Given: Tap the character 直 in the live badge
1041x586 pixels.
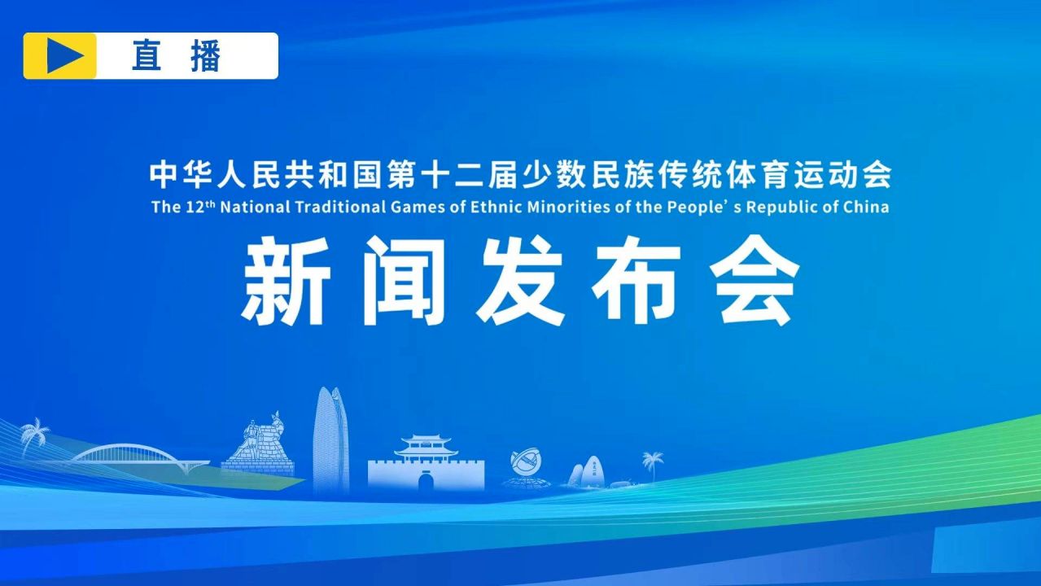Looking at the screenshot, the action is click(x=147, y=56).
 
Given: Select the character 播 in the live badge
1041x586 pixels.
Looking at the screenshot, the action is click(x=205, y=56).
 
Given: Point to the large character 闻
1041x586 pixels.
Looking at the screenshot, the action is click(x=404, y=280).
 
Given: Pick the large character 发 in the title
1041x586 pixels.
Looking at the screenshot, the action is click(x=520, y=280).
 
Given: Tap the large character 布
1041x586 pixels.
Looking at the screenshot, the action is click(x=637, y=280).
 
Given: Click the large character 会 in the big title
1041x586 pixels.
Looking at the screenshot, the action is click(x=755, y=280).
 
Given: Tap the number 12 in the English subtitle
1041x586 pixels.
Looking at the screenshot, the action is click(x=195, y=208).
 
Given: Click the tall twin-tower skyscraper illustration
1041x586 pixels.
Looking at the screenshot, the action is click(x=331, y=439).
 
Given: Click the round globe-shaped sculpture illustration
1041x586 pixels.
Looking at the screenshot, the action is click(x=526, y=461).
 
